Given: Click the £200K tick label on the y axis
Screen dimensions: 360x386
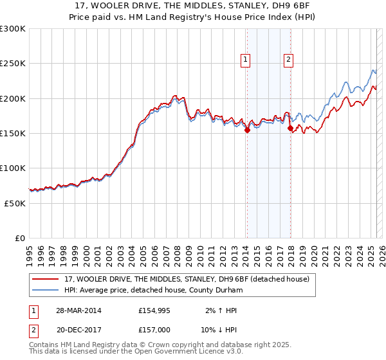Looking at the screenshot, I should click(x=12, y=98).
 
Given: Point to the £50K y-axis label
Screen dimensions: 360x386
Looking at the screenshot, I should click(x=14, y=203).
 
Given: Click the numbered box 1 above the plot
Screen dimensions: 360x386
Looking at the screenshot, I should click(x=246, y=60).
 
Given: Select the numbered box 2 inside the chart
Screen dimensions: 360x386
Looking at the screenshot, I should click(x=288, y=60).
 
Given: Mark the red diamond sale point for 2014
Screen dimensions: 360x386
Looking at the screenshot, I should click(x=247, y=130).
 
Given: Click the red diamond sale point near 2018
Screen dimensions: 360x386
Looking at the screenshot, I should click(x=290, y=129).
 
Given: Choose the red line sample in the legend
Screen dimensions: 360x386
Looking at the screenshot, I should click(x=46, y=279).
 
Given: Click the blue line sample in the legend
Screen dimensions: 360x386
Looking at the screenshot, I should click(x=46, y=290).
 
